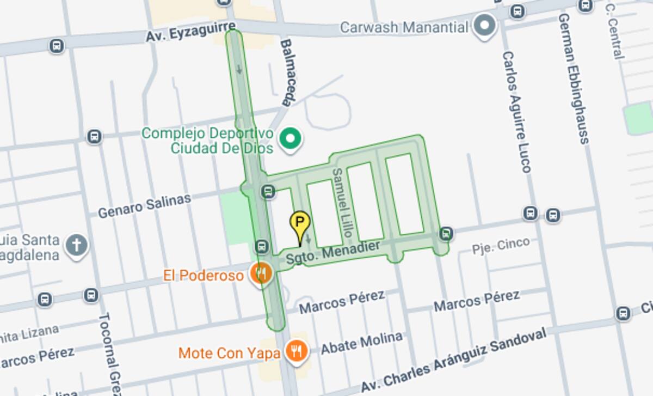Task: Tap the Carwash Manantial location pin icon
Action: point(484,26)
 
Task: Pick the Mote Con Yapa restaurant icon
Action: point(297,351)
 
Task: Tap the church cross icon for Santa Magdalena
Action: point(77,245)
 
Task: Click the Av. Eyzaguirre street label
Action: point(190,32)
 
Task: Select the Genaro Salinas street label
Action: point(145,205)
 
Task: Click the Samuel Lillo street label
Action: point(342,204)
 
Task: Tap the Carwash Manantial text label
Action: point(404,27)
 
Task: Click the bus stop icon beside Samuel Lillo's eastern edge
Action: point(446,234)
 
